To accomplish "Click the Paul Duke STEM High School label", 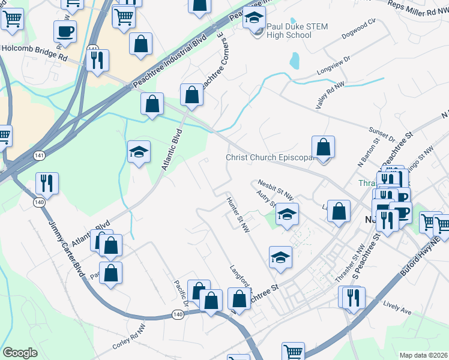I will (x=289, y=31).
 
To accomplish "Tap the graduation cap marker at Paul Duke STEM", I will (x=254, y=19).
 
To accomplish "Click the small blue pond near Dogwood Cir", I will (x=294, y=60).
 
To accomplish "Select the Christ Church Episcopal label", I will (x=270, y=158).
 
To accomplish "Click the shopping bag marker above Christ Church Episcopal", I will (x=323, y=147).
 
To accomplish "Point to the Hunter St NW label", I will (x=238, y=212).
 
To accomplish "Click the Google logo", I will (x=20, y=352).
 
